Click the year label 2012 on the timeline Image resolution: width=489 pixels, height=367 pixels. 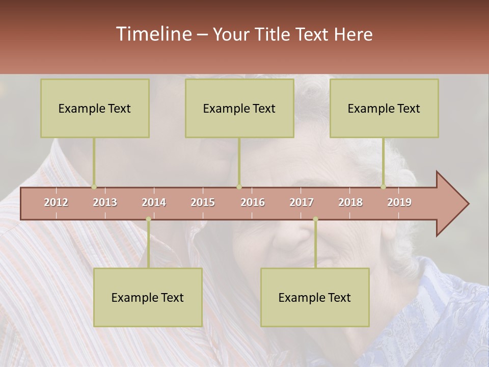[56, 202]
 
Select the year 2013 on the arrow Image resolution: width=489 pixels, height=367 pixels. [105, 202]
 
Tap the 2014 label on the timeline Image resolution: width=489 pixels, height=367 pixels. [154, 202]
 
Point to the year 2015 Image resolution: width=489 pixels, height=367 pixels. [203, 202]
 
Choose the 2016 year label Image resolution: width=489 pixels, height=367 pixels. [253, 202]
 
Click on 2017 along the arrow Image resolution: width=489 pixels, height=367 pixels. [302, 202]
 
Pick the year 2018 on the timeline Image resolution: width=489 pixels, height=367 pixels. [350, 202]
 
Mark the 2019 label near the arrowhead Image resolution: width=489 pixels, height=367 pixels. [399, 202]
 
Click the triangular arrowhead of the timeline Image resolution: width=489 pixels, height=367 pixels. [451, 204]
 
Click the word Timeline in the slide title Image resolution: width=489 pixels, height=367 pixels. [153, 34]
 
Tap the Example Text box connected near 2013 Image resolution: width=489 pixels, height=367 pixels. [95, 108]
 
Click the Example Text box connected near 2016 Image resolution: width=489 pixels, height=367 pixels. [239, 108]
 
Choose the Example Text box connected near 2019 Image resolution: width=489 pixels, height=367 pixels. [384, 108]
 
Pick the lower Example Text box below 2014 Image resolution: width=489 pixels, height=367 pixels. [148, 297]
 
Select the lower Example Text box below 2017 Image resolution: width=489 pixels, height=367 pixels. [315, 297]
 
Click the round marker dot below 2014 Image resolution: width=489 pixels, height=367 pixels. [148, 219]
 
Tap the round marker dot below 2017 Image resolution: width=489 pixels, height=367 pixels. [315, 219]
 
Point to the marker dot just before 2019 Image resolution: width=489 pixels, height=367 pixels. [383, 187]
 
